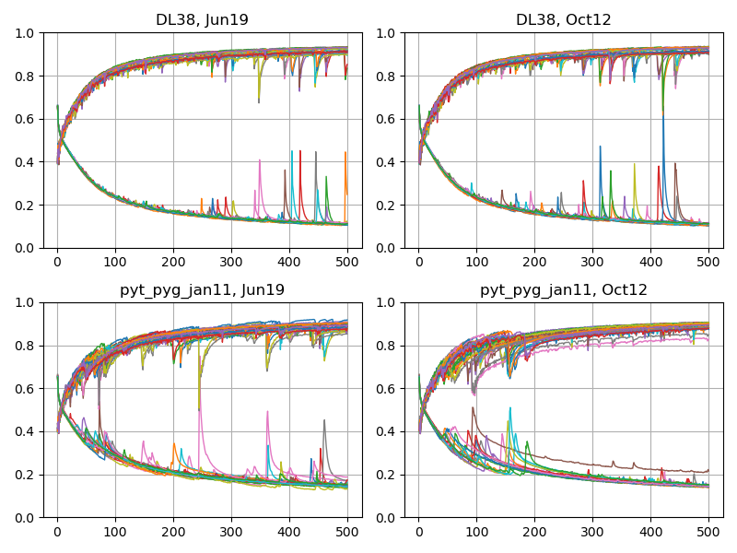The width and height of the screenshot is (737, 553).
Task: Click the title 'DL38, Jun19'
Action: tap(202, 20)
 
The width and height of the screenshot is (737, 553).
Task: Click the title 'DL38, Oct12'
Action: tap(563, 20)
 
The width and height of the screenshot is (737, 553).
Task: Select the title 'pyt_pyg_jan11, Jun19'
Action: tap(202, 289)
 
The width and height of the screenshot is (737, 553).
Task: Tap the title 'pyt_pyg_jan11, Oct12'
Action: tap(563, 289)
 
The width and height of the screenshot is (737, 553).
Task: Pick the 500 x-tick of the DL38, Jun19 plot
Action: tap(347, 262)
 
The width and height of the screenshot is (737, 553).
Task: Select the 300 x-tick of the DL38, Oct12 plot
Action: tap(592, 262)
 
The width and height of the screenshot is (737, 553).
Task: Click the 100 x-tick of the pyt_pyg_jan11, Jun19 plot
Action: tap(115, 531)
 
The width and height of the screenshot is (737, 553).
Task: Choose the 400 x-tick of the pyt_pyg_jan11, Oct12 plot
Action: tap(650, 531)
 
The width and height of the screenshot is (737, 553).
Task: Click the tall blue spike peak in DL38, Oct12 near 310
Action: tap(600, 147)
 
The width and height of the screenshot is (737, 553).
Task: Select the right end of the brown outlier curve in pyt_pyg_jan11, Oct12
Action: tap(708, 471)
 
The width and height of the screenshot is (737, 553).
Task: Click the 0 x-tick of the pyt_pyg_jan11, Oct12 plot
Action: tap(418, 531)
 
